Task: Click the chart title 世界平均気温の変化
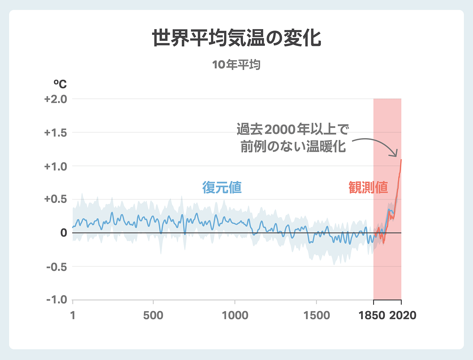[237, 38]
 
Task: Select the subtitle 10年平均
[236, 65]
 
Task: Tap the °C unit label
[60, 84]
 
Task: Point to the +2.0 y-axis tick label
[55, 99]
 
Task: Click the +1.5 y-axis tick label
[55, 133]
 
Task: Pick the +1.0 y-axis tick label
[55, 166]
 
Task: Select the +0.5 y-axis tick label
[55, 199]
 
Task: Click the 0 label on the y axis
[64, 233]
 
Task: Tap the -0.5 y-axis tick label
[57, 267]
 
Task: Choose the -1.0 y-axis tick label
[57, 300]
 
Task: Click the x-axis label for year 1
[73, 315]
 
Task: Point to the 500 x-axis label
[153, 315]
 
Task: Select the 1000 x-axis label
[235, 315]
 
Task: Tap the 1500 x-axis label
[317, 315]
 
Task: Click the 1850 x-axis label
[372, 315]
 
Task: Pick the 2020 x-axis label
[403, 315]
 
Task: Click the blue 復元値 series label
[222, 188]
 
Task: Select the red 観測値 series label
[368, 188]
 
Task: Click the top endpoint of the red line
[401, 160]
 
